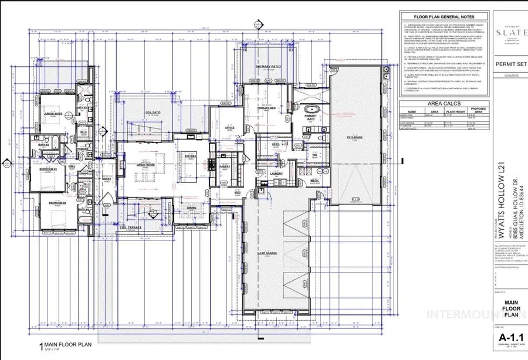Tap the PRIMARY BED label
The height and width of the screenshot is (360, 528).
tap(267, 108)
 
